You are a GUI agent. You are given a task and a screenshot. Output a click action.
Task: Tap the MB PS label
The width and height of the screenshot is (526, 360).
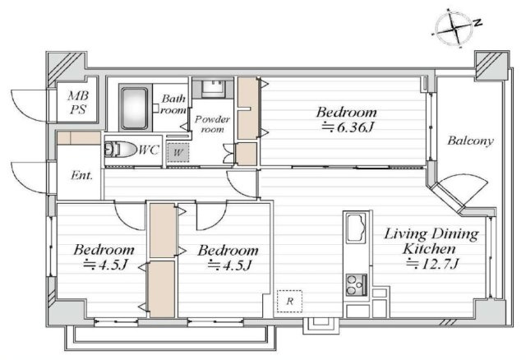[x=78, y=103]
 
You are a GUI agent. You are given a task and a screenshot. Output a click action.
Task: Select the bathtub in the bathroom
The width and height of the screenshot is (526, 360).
[x=134, y=108]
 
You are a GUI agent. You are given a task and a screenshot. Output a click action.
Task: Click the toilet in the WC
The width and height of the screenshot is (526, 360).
[x=120, y=150]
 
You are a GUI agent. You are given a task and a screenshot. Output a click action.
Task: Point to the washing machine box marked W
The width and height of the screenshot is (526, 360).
[x=178, y=153]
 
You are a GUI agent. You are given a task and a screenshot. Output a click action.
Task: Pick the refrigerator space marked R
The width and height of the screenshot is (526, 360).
[x=289, y=301]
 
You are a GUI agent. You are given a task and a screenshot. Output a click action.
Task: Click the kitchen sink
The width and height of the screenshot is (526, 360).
[x=356, y=227]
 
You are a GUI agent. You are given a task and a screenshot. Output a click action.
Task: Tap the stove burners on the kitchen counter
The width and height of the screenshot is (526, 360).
[x=356, y=285]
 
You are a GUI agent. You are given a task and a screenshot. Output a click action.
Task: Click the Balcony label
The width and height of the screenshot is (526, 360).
[x=470, y=141]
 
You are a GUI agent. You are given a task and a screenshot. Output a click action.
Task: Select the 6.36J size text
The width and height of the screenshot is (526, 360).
[x=347, y=127]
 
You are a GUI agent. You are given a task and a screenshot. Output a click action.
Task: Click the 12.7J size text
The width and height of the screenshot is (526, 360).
[x=431, y=265]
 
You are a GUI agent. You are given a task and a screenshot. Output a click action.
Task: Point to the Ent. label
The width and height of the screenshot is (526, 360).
[x=81, y=175]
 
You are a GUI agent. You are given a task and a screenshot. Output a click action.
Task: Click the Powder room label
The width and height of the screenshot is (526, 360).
[x=212, y=124]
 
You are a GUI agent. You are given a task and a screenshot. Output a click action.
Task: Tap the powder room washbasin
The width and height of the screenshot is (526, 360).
[x=214, y=88]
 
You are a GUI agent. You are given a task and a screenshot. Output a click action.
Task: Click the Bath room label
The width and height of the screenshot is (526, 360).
[x=173, y=104]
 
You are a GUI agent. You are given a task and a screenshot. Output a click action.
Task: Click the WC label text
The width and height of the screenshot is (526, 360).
[x=149, y=150]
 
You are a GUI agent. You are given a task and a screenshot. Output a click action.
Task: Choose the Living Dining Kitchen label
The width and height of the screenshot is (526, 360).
[x=431, y=241]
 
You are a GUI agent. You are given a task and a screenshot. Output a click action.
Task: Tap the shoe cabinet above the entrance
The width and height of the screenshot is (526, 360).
[x=79, y=138]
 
